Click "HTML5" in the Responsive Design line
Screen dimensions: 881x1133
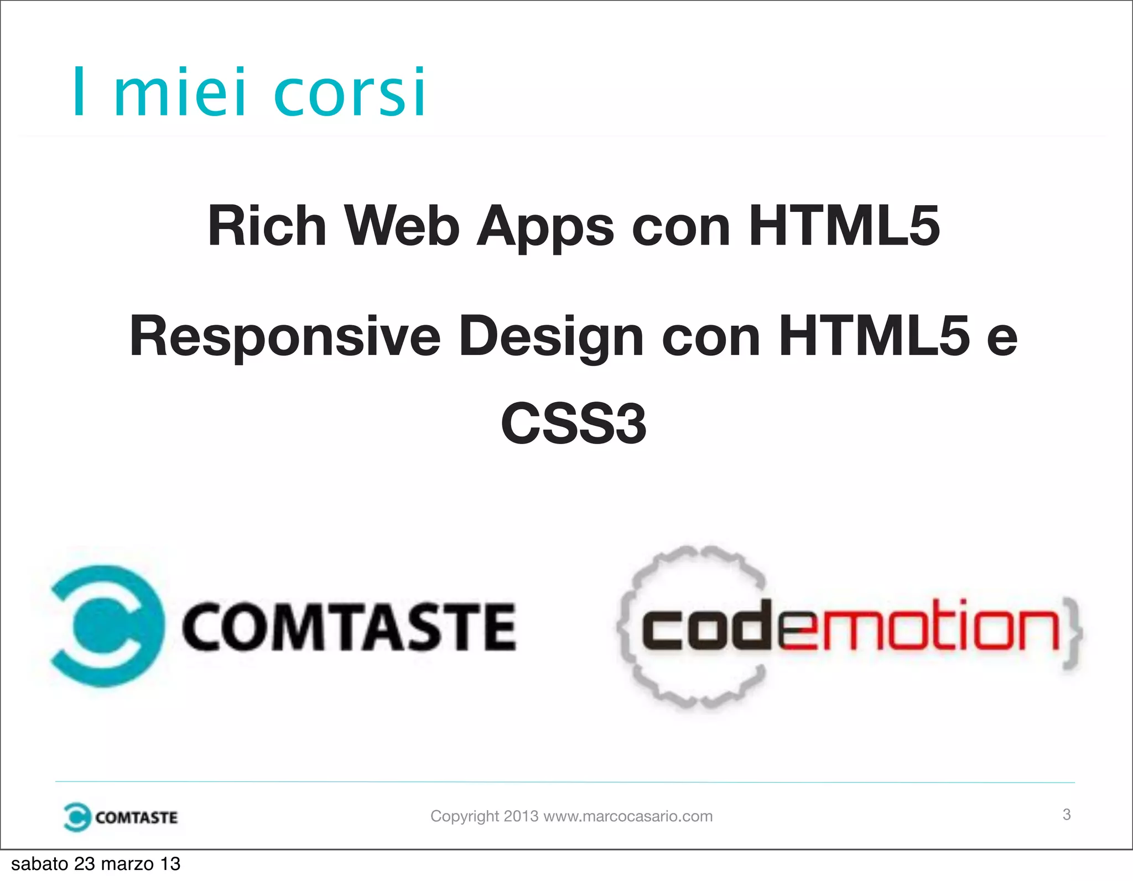[874, 336]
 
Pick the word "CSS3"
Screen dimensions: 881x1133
[573, 424]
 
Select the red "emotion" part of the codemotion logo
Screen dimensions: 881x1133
[918, 628]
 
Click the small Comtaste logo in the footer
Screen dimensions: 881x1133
[121, 817]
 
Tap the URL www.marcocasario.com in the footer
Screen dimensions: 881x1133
[628, 816]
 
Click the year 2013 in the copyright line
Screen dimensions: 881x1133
[521, 816]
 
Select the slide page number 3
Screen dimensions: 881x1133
[1067, 814]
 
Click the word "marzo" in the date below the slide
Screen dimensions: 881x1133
[128, 864]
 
